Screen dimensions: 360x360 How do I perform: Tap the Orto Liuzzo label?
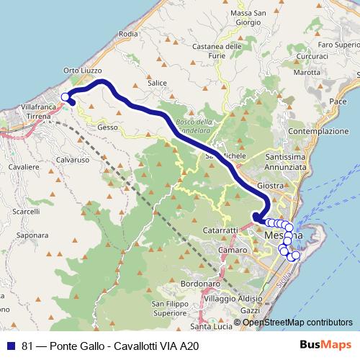point(80,71)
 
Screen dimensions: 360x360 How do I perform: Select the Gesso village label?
point(107,127)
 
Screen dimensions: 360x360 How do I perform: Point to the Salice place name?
point(157,83)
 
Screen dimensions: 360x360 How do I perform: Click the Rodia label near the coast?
point(128,34)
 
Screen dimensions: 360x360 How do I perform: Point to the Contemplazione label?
point(318,132)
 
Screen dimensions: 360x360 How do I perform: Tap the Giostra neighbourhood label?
point(270,185)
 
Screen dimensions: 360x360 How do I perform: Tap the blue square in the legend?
point(13,346)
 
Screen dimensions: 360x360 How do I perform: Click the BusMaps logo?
point(325,346)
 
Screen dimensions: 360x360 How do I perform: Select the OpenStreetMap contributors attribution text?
point(297,322)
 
